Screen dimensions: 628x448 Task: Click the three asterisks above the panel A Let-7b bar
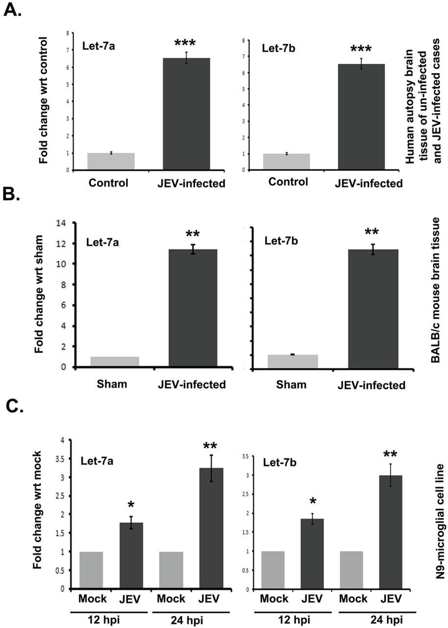point(361,49)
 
